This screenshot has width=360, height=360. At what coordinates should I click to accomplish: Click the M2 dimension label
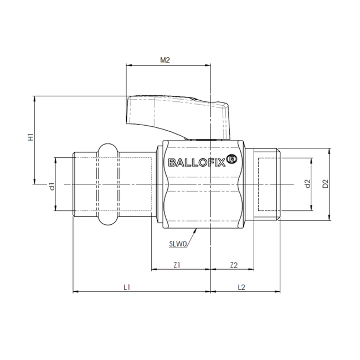(165, 60)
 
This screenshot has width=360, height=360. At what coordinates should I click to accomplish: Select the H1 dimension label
(31, 137)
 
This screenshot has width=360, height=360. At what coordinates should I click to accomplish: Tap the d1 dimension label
(52, 187)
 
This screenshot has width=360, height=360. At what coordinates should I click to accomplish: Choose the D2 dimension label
(325, 184)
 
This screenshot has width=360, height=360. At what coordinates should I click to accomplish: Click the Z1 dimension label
(177, 265)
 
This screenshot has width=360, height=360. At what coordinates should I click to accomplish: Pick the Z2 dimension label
(234, 265)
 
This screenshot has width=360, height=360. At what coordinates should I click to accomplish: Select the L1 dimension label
(127, 287)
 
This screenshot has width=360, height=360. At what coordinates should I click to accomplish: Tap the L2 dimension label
(241, 287)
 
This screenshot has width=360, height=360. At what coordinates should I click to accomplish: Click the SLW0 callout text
(178, 244)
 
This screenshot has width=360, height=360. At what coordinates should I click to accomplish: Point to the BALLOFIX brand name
(197, 163)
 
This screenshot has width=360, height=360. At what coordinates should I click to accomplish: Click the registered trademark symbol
(232, 160)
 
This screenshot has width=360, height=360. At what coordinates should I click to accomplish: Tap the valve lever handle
(178, 117)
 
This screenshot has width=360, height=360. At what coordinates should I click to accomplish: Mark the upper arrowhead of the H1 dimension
(35, 98)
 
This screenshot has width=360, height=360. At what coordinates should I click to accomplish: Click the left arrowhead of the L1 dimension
(75, 291)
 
